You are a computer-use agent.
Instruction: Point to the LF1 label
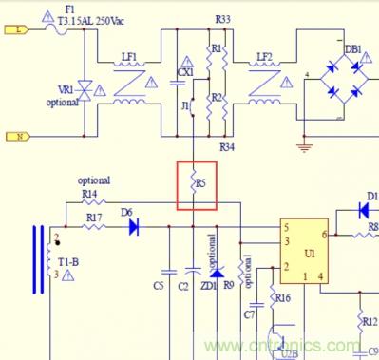129,58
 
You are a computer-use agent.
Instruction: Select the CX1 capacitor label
185,71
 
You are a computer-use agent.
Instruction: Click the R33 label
222,19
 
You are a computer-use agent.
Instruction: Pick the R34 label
226,148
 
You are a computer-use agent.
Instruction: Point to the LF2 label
264,58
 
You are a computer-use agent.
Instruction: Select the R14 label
90,194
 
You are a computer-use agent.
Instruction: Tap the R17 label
94,218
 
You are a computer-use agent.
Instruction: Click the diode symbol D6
134,227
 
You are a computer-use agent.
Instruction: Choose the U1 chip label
310,255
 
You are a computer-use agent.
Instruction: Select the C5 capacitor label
158,285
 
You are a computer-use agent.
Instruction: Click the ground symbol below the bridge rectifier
304,146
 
